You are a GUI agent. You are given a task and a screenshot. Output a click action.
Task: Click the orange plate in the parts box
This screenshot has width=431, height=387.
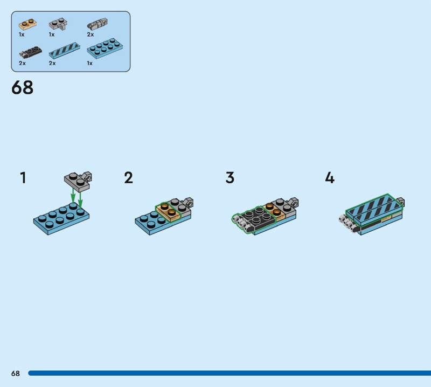(x=28, y=24)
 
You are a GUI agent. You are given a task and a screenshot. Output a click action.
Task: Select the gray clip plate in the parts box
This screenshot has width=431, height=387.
(x=58, y=24)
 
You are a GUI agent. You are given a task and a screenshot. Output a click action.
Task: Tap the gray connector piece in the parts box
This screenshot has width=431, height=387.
(x=98, y=24)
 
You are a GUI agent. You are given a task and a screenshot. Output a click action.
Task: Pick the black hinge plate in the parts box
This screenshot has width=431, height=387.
(x=31, y=52)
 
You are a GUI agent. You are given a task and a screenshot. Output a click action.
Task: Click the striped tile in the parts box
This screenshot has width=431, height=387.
(x=64, y=50)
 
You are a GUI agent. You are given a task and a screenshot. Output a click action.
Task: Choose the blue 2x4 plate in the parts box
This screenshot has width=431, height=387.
(x=105, y=49)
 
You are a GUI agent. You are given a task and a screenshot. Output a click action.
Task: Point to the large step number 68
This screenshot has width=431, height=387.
(x=22, y=87)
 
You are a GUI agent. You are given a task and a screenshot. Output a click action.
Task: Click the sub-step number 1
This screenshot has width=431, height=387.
(x=23, y=177)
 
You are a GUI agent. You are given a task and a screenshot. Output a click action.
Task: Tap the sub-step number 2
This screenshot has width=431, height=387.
(x=128, y=177)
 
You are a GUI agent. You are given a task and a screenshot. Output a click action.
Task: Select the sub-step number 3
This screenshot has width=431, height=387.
(x=230, y=177)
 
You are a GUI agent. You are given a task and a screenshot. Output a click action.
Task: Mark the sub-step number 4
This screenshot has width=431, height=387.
(x=330, y=177)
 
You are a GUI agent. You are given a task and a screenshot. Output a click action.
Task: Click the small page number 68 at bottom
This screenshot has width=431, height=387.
(x=16, y=373)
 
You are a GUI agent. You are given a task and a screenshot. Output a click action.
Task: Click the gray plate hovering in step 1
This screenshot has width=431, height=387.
(x=78, y=182)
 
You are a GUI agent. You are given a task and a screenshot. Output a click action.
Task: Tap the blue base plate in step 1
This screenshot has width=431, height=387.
(x=61, y=219)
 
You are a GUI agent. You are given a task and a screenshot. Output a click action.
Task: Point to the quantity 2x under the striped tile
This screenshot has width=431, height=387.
(x=52, y=63)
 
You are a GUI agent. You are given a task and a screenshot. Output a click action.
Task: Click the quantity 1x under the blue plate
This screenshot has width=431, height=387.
(x=89, y=63)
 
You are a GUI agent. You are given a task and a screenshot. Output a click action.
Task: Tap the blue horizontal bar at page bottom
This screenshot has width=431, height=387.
(x=230, y=373)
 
